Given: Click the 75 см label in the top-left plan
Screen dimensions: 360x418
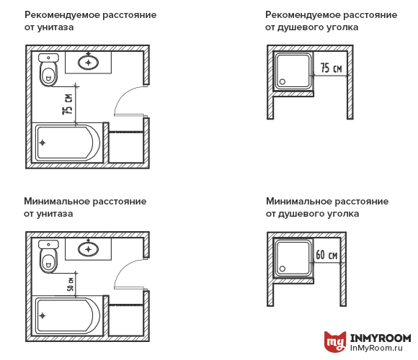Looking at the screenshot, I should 68,104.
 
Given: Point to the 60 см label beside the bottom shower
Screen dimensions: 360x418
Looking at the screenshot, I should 327,255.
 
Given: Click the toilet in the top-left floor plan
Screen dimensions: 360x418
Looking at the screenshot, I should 48,69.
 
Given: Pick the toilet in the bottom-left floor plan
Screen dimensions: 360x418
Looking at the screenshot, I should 48,256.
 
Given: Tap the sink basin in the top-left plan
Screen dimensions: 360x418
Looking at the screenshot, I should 89,62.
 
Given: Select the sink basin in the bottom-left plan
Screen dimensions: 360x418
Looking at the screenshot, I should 89,249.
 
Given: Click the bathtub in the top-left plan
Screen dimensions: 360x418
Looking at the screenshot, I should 68,143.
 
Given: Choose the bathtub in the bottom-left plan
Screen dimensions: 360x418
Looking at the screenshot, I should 68,316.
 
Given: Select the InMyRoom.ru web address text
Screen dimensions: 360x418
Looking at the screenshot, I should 380,349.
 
